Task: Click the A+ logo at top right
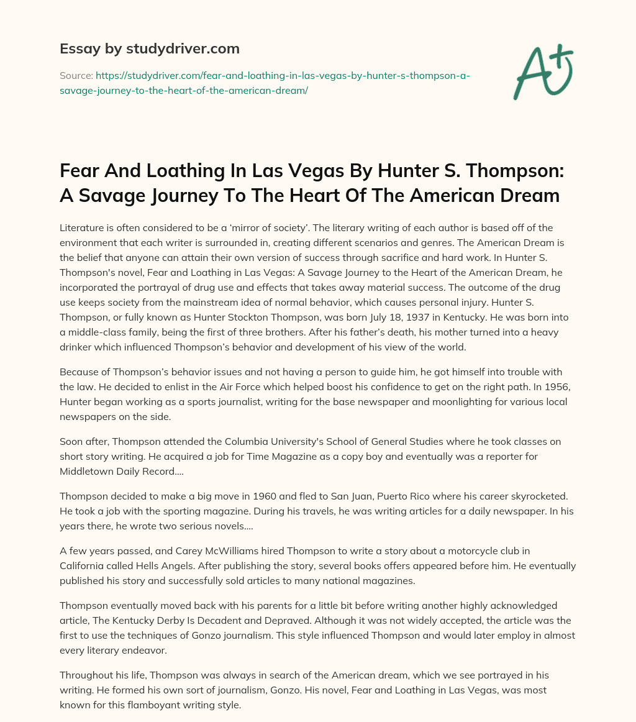543,70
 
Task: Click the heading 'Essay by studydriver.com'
149,48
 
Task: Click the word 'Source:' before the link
76,76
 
